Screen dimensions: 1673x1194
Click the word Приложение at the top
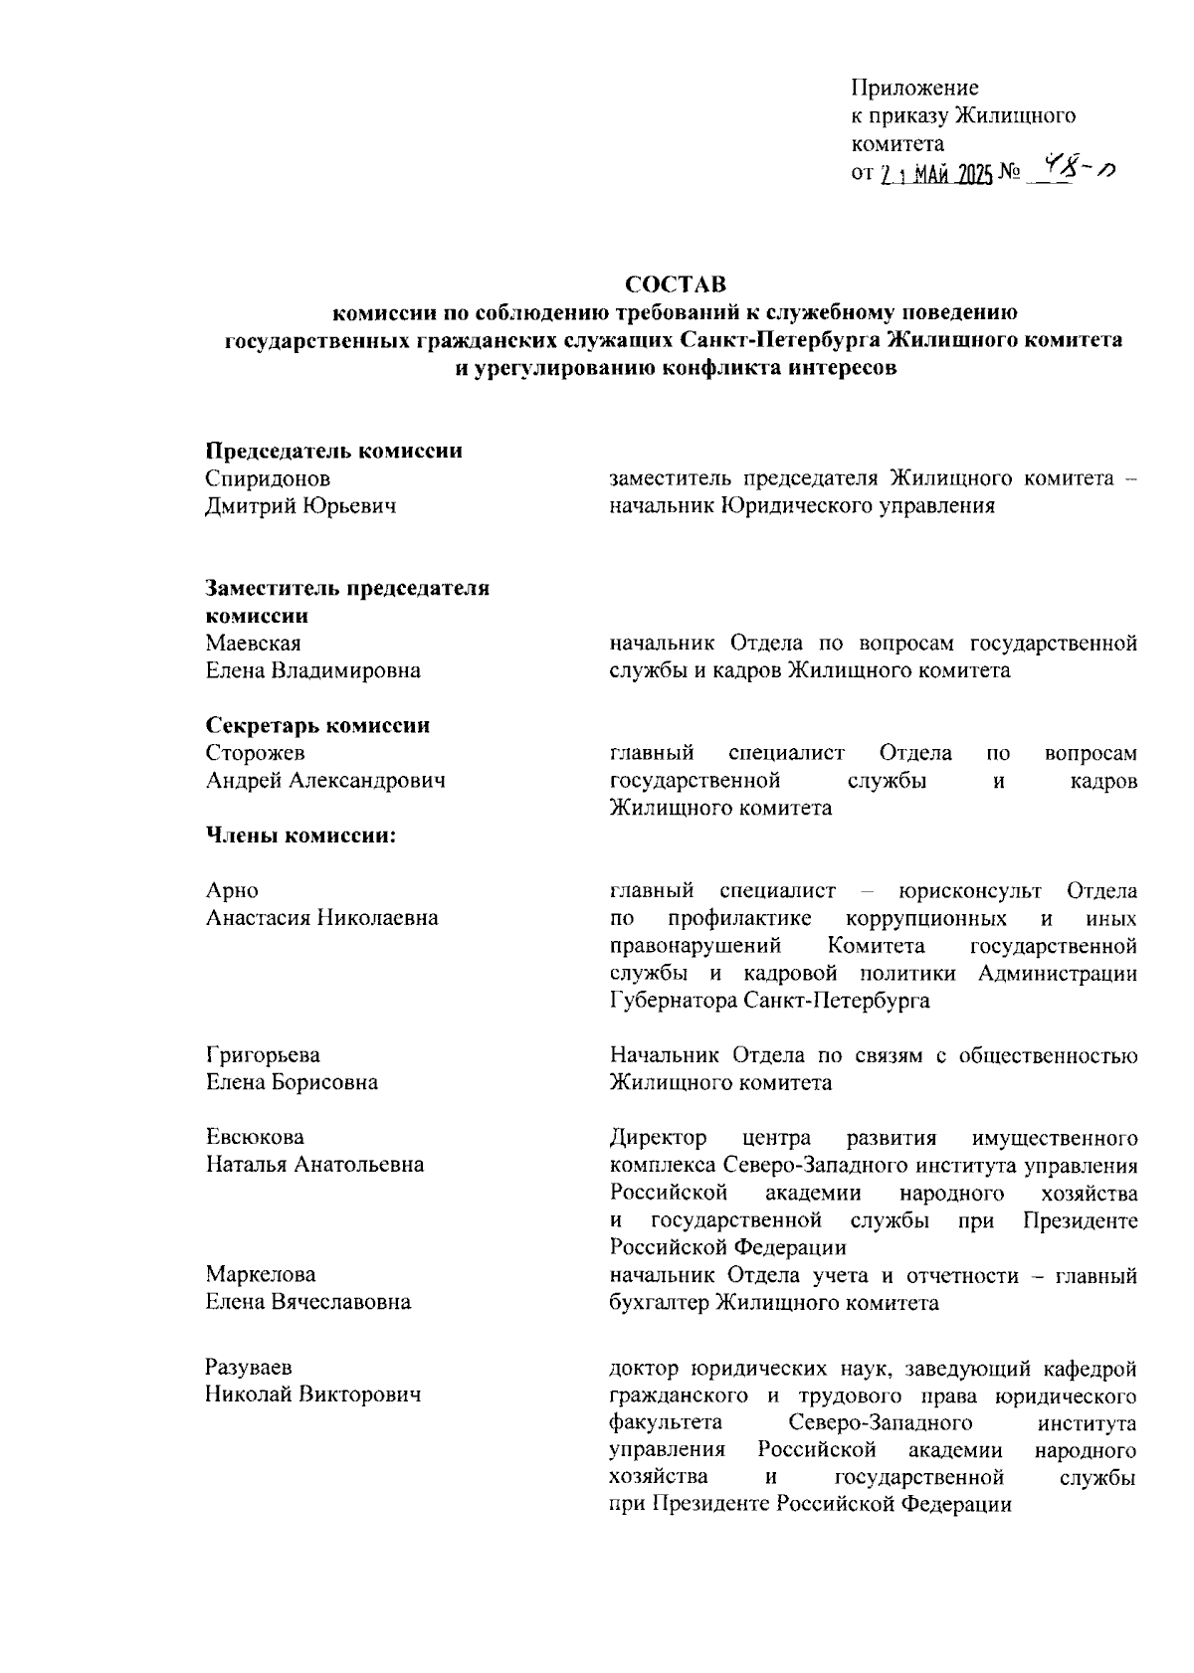[x=914, y=88]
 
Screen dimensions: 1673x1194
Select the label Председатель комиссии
[x=333, y=451]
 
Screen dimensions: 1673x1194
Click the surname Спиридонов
[x=268, y=478]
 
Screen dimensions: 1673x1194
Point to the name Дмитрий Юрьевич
[x=300, y=506]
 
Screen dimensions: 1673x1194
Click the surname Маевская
[x=253, y=644]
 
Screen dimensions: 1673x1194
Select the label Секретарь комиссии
[x=317, y=725]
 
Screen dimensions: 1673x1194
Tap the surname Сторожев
[x=255, y=753]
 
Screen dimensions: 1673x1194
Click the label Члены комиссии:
[x=300, y=836]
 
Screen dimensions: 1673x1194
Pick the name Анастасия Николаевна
[x=321, y=917]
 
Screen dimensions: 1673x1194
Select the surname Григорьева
[x=263, y=1054]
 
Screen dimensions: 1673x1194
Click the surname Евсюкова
[x=255, y=1137]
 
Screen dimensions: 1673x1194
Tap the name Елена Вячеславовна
[x=307, y=1301]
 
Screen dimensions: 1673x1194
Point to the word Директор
[x=658, y=1137]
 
